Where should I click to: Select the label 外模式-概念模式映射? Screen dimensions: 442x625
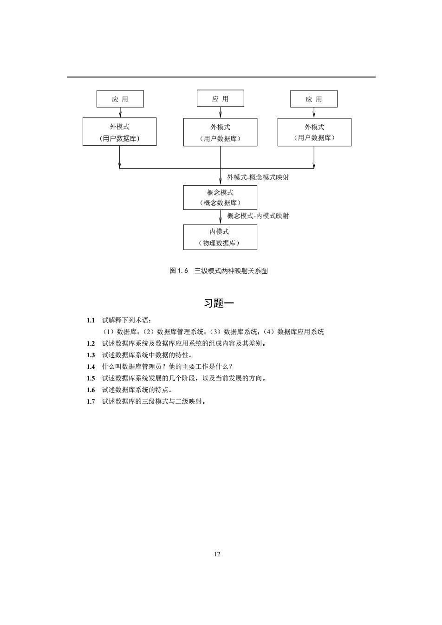pos(258,177)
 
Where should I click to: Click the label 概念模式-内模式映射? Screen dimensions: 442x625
pos(258,216)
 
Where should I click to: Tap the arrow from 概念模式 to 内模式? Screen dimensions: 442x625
pos(220,217)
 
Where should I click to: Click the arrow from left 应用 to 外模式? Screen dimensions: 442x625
pos(120,112)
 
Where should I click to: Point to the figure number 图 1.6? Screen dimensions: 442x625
pos(179,271)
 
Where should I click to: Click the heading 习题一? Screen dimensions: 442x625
pos(219,303)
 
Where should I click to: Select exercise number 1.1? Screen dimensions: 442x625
pos(91,320)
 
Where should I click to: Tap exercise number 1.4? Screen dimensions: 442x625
pos(91,367)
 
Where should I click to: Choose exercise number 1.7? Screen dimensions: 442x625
pos(91,401)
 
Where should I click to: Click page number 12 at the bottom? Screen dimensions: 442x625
pos(217,554)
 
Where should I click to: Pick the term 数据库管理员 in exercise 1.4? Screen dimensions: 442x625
pos(142,367)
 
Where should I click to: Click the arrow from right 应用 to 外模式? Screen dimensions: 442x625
pos(314,113)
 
